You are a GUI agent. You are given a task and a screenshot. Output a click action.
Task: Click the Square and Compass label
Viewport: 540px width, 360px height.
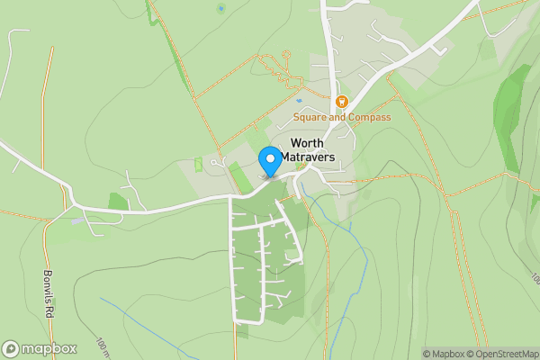tap(342, 117)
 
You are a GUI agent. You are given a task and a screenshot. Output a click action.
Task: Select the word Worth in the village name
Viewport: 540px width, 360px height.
tap(308, 143)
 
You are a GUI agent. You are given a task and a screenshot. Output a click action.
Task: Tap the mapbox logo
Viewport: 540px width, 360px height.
tap(40, 348)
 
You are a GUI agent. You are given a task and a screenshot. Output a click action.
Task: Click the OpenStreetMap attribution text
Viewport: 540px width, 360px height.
tap(501, 354)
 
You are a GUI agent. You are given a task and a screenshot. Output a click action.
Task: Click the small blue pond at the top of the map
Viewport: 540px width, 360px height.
tap(220, 9)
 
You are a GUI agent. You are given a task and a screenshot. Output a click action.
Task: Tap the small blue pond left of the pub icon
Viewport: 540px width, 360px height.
tap(300, 101)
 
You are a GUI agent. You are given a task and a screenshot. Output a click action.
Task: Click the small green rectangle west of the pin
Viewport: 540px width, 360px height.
tap(199, 165)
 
